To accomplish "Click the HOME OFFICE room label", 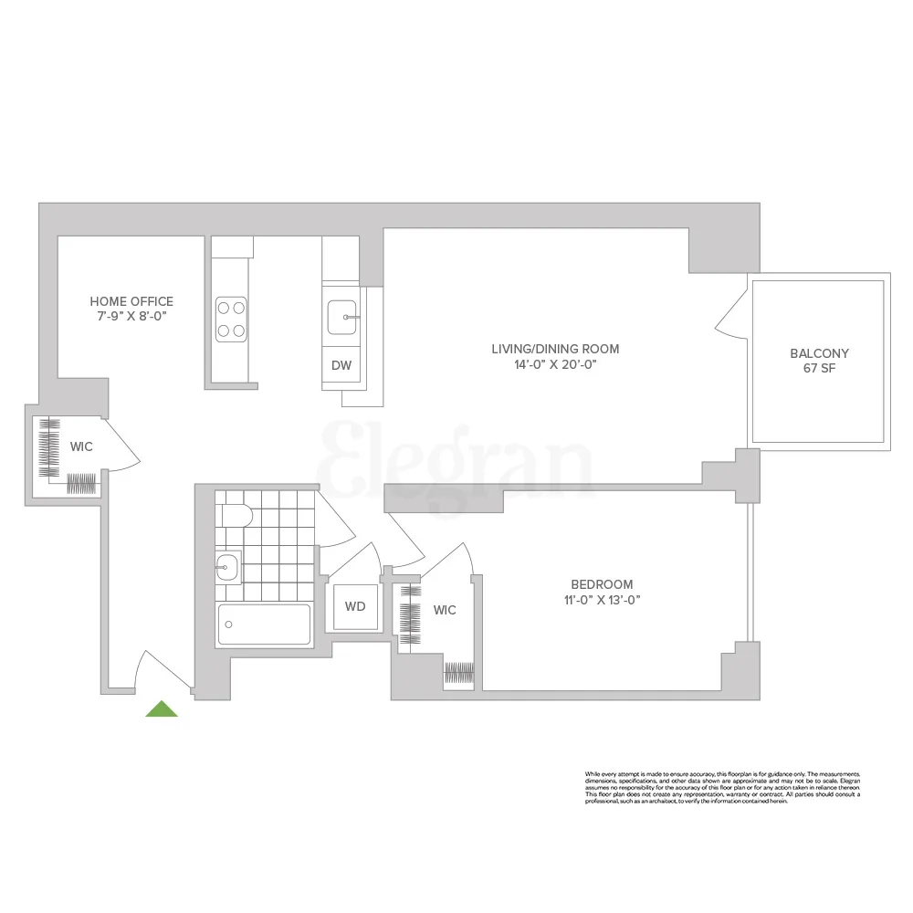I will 131,301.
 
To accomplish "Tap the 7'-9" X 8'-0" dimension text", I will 131,316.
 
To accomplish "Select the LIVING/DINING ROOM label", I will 555,349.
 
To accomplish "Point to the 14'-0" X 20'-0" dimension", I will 555,364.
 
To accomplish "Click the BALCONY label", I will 819,353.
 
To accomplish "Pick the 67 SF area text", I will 819,369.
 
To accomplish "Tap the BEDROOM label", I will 602,584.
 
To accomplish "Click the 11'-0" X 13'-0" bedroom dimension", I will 602,600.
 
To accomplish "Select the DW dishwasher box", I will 341,366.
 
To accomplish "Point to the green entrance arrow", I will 162,708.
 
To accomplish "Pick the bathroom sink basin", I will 227,568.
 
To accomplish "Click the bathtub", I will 265,624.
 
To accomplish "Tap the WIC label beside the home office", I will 81,447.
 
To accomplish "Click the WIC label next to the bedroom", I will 445,610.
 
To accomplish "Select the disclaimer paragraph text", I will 722,787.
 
